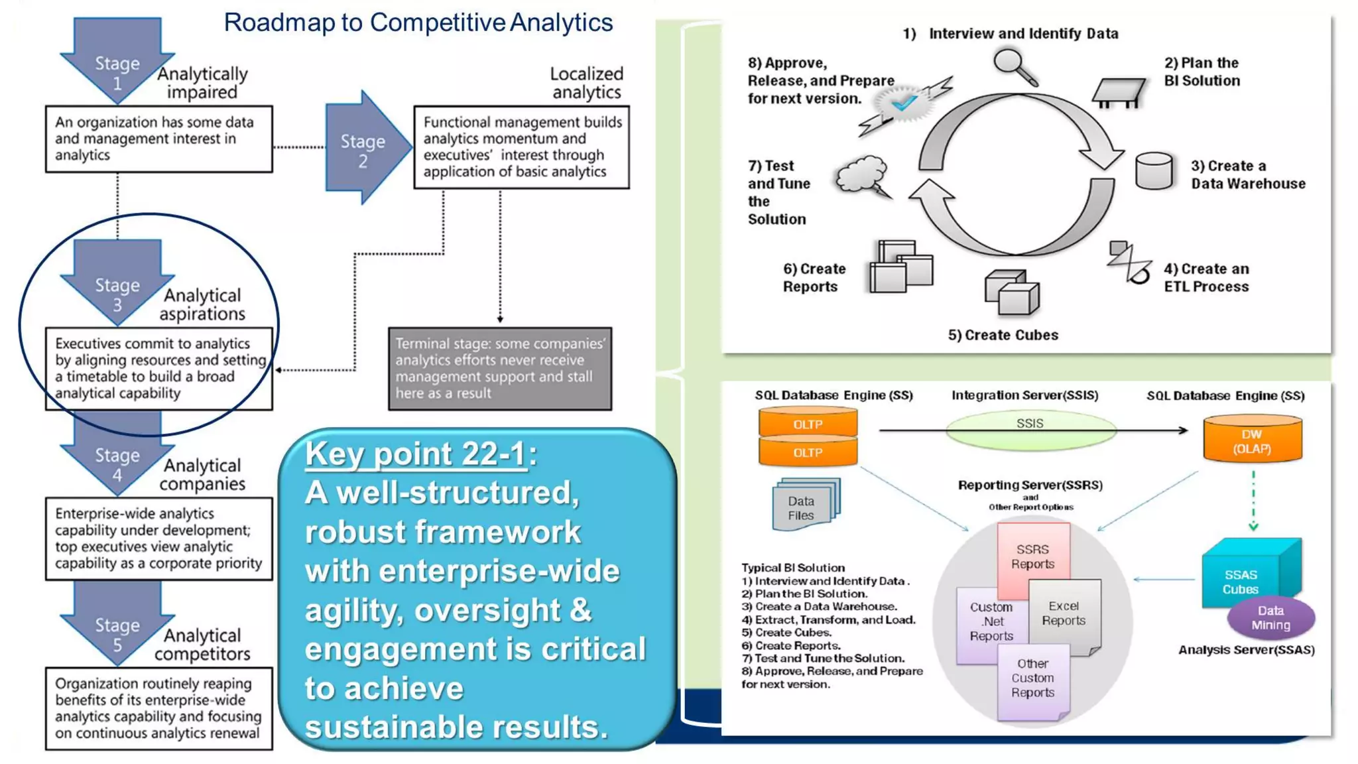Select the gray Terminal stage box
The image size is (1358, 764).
(x=500, y=368)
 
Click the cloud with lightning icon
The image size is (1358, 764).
(x=862, y=176)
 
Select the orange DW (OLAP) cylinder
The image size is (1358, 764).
(x=1252, y=440)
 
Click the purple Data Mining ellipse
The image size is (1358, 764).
(x=1270, y=618)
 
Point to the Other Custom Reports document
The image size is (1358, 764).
(x=1032, y=683)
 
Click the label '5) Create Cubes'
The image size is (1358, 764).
(x=1003, y=335)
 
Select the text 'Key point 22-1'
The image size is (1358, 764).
(x=416, y=454)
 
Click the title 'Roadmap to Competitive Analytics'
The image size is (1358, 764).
(x=418, y=23)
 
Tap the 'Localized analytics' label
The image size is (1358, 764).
(x=587, y=83)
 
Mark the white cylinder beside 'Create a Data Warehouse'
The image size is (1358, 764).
(x=1154, y=171)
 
